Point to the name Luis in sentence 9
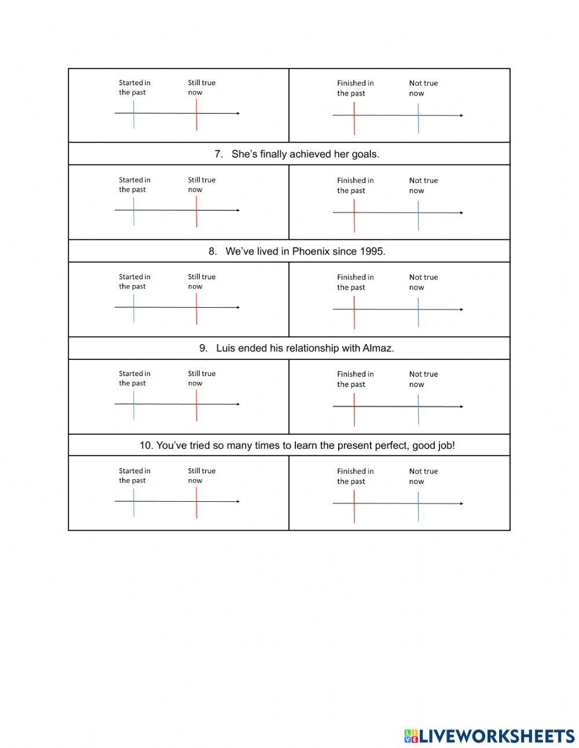(226, 348)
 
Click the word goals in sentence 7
(365, 154)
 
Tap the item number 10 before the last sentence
(146, 446)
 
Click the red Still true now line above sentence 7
(196, 114)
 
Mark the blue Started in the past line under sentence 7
(134, 211)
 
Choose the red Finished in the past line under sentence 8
(354, 312)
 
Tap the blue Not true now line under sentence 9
(418, 409)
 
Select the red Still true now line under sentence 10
(196, 502)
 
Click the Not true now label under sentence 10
(423, 476)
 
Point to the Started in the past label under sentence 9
(134, 378)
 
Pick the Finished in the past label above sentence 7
(355, 88)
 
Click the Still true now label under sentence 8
(201, 282)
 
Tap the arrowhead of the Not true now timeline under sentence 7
(461, 213)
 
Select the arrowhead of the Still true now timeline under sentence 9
(237, 404)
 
